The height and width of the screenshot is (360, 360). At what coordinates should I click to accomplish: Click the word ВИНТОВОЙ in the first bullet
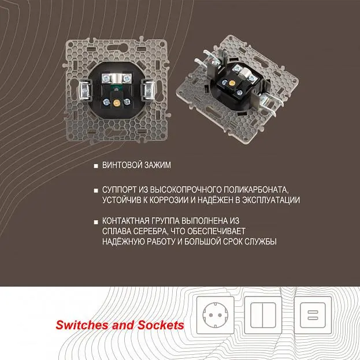coord(120,165)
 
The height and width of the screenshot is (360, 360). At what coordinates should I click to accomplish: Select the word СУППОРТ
coord(119,190)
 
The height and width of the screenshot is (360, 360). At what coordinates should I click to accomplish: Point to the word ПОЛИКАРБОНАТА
coord(256,190)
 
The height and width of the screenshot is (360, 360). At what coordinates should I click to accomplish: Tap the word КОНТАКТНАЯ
coord(125,221)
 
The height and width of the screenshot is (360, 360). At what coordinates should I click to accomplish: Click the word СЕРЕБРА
coord(151,231)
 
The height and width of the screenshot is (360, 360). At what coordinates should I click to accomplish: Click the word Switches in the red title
coord(82,325)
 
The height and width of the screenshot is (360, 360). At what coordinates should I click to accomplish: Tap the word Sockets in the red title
coord(161,325)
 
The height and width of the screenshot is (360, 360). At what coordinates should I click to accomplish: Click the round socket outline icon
coord(216,315)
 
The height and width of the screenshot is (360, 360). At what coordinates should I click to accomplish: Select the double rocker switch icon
coord(263,315)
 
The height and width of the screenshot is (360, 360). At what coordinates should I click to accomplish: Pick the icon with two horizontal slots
coord(313,315)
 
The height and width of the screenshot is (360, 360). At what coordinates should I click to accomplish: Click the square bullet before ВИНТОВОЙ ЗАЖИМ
coord(96,166)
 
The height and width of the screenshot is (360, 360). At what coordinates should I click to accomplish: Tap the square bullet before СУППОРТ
coord(96,191)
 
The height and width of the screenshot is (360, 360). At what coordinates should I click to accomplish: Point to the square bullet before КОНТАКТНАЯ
coord(96,222)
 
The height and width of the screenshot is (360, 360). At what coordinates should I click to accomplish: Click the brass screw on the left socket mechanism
coord(116,102)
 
